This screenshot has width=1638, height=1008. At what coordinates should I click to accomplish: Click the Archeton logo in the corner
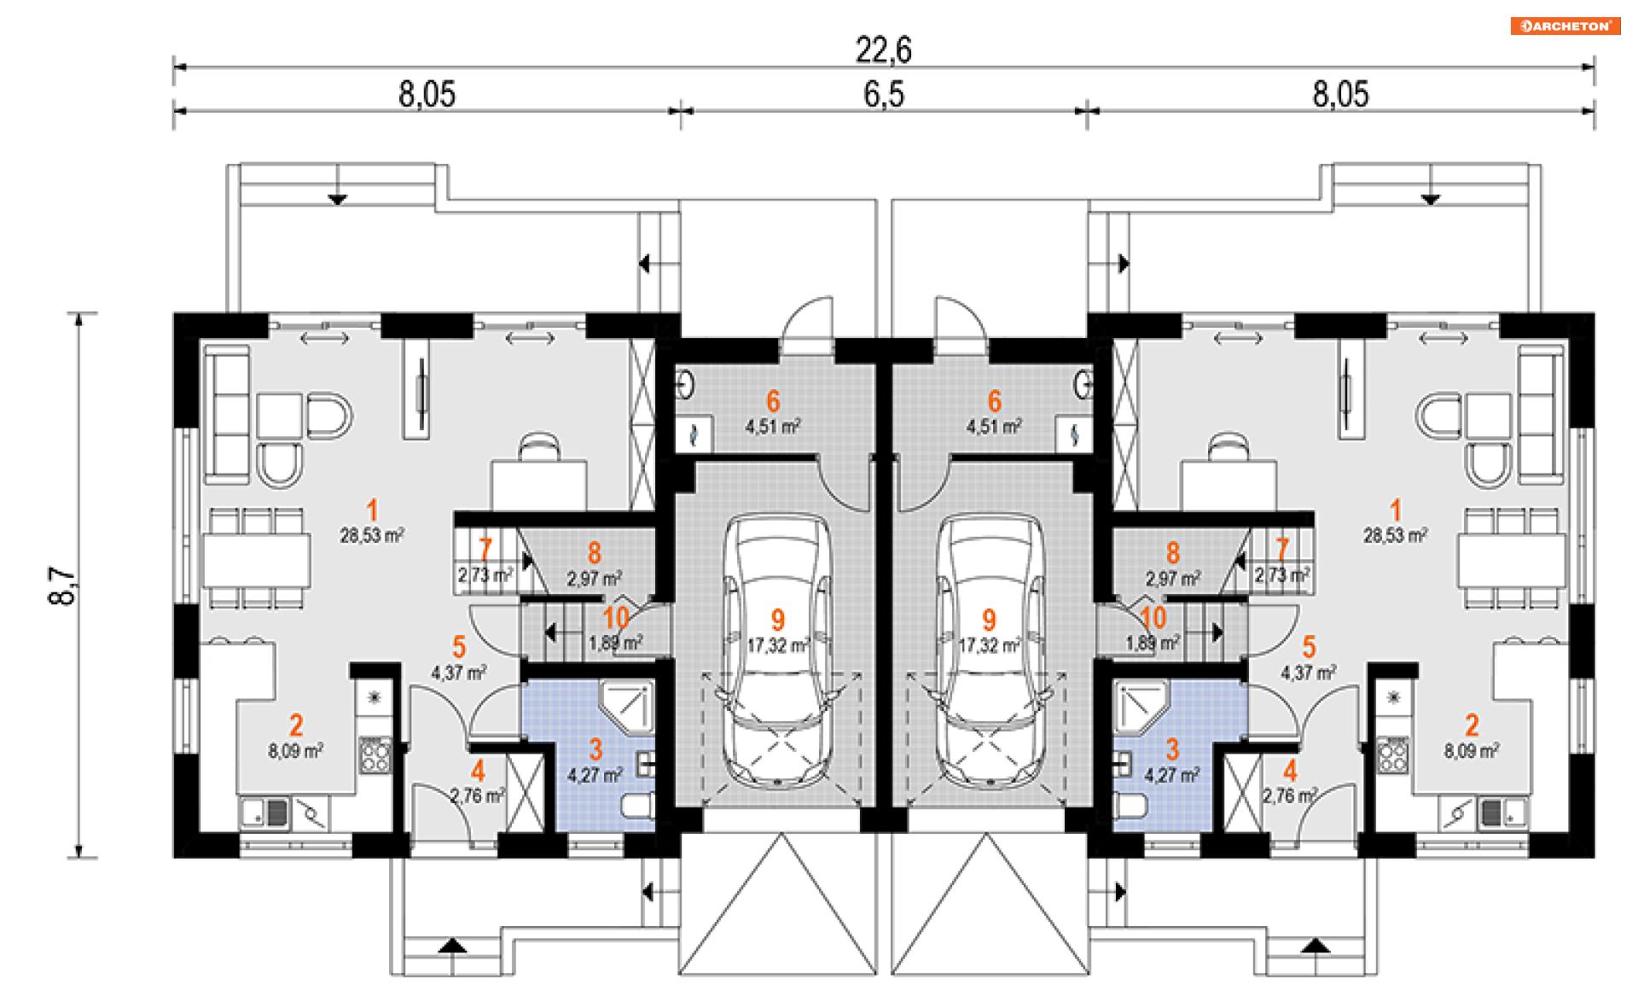click(x=1565, y=26)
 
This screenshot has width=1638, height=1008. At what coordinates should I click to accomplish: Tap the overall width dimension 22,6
click(x=883, y=50)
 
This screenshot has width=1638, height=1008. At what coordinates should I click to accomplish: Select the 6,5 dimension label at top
click(x=883, y=94)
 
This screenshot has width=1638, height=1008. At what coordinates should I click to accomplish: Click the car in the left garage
click(x=776, y=649)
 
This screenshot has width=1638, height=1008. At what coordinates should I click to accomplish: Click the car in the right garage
click(x=990, y=649)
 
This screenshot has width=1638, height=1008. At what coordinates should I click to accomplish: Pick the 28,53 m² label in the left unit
click(x=371, y=536)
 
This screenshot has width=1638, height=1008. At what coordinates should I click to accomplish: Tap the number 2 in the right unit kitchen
click(x=1472, y=725)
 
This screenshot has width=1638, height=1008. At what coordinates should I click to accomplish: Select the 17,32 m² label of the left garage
click(x=777, y=645)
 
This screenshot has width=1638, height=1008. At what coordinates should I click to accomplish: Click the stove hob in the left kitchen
click(x=375, y=755)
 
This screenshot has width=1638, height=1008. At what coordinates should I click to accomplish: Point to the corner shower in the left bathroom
click(x=628, y=707)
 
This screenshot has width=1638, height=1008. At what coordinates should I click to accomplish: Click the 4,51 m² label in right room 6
click(x=994, y=426)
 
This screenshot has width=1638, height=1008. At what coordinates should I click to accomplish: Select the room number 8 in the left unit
click(x=595, y=553)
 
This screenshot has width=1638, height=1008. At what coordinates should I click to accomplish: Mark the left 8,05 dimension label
click(x=427, y=94)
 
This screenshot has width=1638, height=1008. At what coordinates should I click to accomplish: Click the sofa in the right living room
click(x=1541, y=415)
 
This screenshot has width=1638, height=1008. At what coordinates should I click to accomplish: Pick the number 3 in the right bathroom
click(x=1172, y=749)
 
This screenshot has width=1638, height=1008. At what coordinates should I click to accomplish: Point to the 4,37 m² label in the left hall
click(x=458, y=673)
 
